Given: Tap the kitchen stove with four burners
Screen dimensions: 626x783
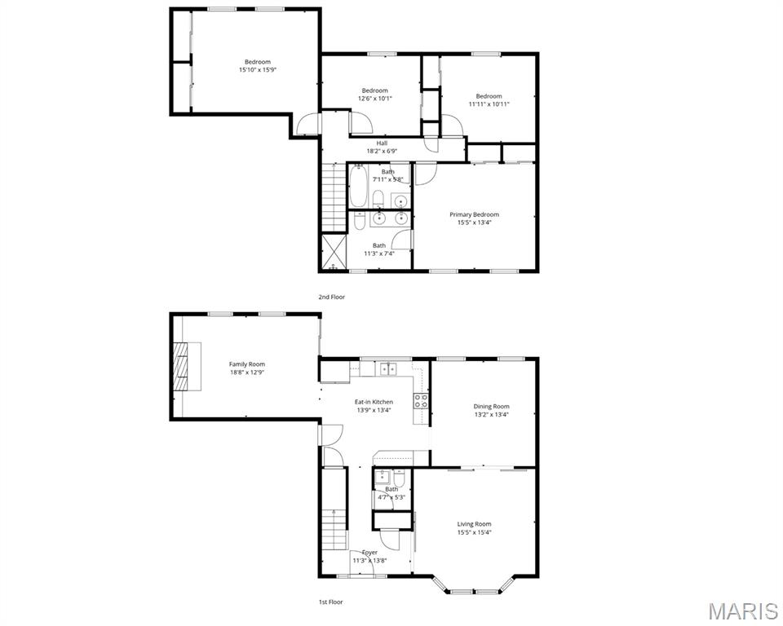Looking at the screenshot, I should pos(421,400).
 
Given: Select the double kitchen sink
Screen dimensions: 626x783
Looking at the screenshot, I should pos(385,369).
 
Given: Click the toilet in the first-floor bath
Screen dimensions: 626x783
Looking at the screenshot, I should pos(399,477).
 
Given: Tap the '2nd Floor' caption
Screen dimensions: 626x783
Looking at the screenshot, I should pos(331,297).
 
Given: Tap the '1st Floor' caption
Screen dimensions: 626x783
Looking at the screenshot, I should pos(330,602).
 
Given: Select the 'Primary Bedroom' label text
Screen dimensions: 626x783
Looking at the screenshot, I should pos(474,214).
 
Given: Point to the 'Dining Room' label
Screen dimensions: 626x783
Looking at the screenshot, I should pos(491,406).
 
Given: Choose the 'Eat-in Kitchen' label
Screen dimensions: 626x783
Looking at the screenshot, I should pos(374,402).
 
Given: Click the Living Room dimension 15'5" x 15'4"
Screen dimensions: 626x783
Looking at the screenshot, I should pos(474,532).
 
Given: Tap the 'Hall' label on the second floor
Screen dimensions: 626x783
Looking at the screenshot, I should pos(382,143).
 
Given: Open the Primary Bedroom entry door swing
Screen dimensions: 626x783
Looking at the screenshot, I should pos(426,174).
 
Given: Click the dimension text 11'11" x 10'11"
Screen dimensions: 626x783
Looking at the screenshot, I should pos(489,104).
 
